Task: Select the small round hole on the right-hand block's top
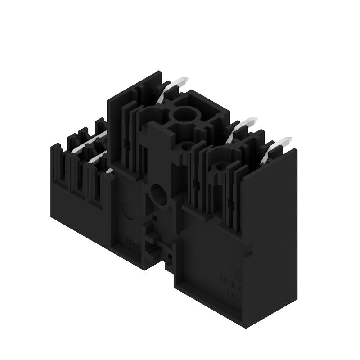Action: pyautogui.click(x=220, y=168)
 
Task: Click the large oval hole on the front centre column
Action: pyautogui.click(x=158, y=195)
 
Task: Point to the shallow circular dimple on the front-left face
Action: pyautogui.click(x=128, y=210)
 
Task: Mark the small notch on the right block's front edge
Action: pyautogui.click(x=247, y=245)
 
